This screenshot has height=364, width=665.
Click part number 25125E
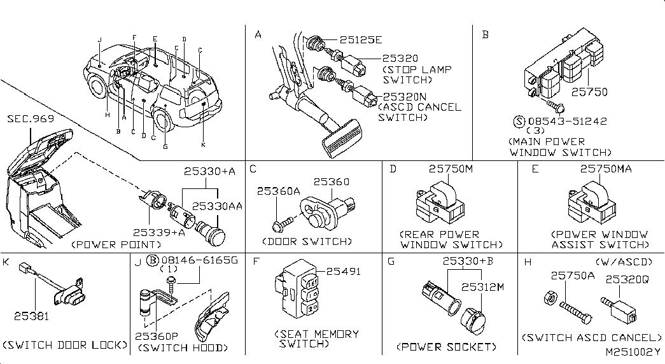coord(360,40)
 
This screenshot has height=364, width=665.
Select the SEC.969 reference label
coord(31,119)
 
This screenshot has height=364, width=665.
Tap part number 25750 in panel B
coord(589,92)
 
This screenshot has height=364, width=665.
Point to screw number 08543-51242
coord(568,122)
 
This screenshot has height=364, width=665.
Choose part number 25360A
coord(278,192)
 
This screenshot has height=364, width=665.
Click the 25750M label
coord(451,169)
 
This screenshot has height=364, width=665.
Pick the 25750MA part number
coord(606,169)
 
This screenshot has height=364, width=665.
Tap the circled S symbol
coord(519,122)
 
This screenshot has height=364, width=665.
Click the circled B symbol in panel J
coord(152,260)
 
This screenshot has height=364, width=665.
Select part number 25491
coord(343,272)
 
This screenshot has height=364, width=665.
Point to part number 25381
coord(31,316)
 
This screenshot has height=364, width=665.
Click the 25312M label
coord(482,287)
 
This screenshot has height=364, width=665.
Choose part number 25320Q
coord(627,279)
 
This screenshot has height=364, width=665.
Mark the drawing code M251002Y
coord(633,352)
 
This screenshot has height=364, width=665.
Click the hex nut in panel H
coord(549,298)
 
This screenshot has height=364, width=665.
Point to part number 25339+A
coord(159,232)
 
